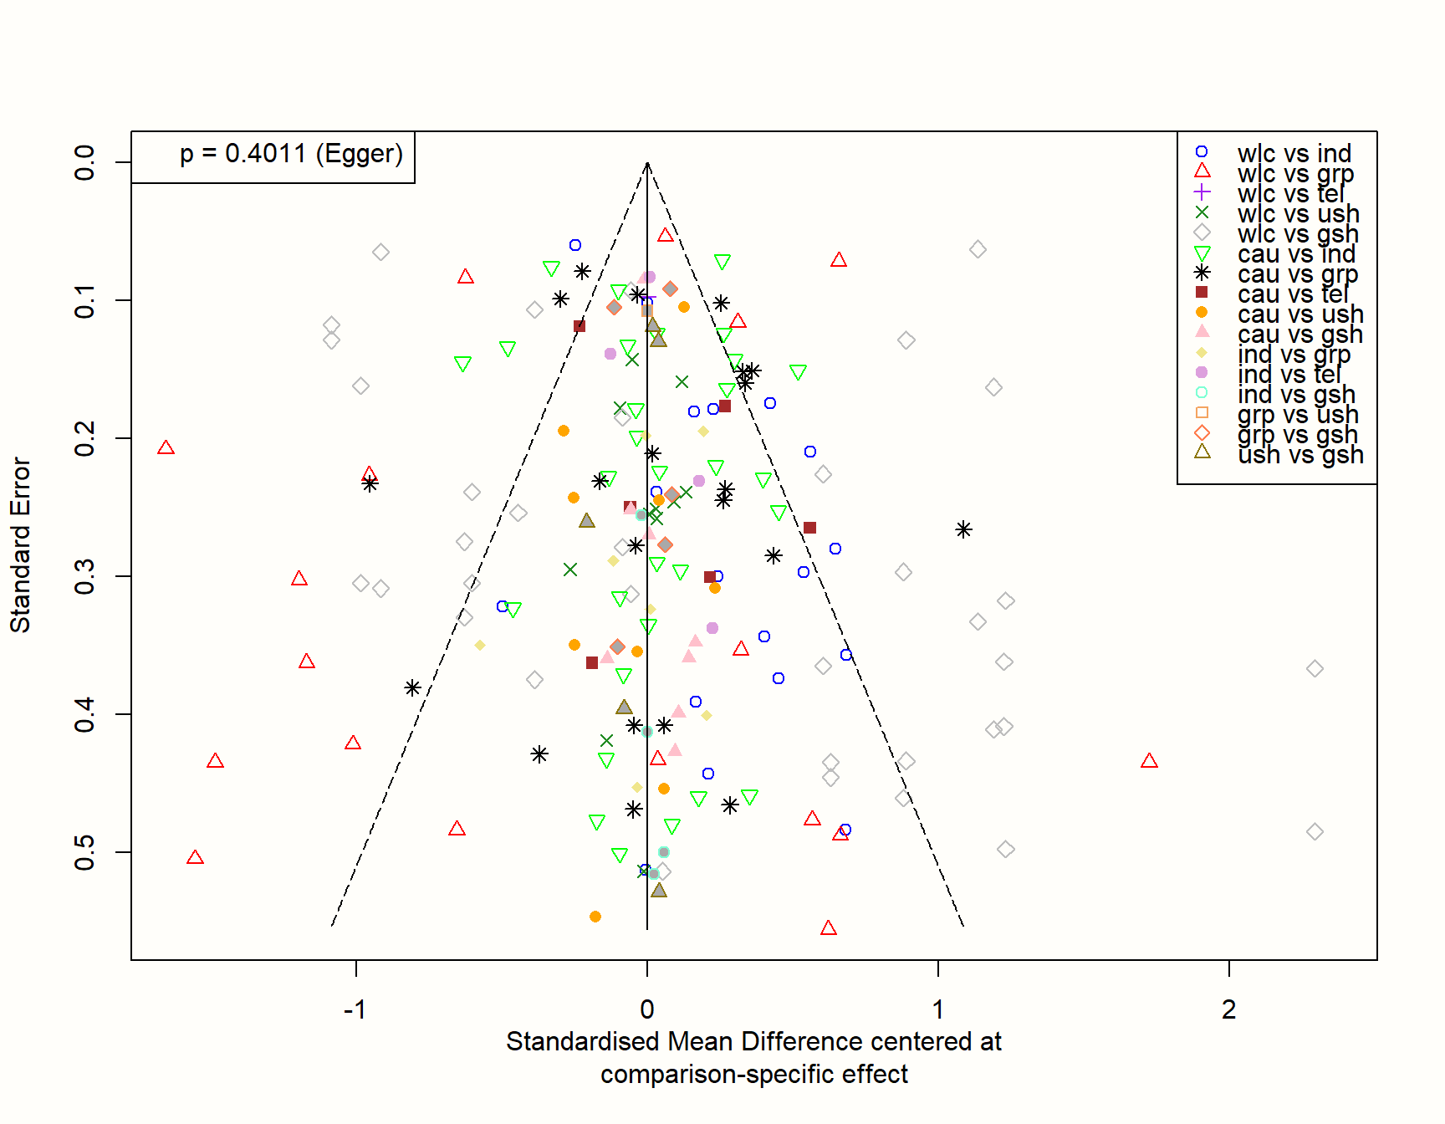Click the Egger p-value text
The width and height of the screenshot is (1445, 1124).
click(291, 154)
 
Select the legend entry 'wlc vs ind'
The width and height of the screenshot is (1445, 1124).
click(1294, 153)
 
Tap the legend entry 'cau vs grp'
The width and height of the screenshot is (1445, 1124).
click(1297, 273)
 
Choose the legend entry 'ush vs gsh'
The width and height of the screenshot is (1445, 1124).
click(1300, 454)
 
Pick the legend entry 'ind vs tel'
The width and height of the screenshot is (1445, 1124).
click(1289, 374)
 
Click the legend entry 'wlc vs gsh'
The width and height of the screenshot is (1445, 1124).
click(1298, 233)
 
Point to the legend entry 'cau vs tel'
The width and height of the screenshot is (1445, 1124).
click(1293, 294)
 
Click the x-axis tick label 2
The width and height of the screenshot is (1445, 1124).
click(1228, 1009)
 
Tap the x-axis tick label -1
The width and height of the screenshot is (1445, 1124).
click(355, 1009)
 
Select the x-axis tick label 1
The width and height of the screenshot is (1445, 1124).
click(937, 1009)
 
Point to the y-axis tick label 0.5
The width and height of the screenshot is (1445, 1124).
click(84, 852)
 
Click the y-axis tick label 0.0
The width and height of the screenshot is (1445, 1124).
click(84, 162)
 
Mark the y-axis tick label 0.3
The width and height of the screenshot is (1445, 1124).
click(84, 576)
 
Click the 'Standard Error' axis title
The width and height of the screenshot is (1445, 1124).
click(20, 544)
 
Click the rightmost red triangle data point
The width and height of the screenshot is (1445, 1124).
click(1149, 761)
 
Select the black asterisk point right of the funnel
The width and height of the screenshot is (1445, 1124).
click(963, 529)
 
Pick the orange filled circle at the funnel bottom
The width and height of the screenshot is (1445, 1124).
click(595, 917)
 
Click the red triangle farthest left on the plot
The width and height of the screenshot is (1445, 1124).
click(166, 448)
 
